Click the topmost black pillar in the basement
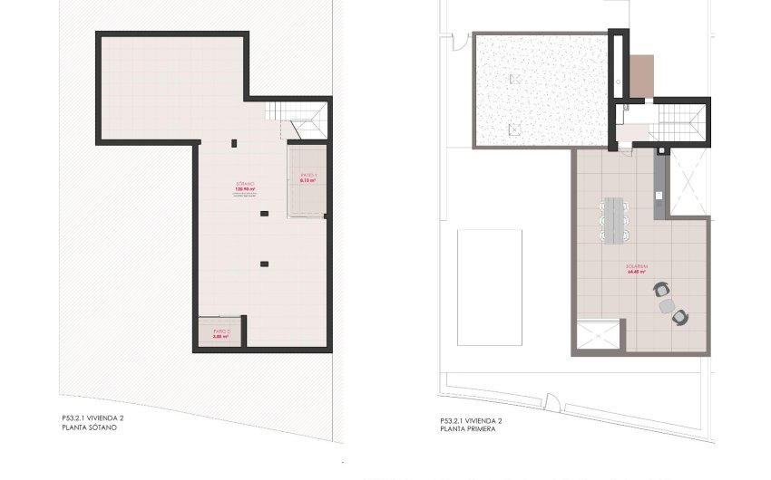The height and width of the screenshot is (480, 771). tap(235, 143)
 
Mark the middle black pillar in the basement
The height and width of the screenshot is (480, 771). tap(264, 214)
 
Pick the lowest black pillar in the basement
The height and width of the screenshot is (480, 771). tap(264, 264)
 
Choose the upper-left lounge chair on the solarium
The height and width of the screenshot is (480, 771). tap(659, 290)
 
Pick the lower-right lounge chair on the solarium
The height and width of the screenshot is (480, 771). tap(679, 316)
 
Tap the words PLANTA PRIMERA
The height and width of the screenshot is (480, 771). tap(466, 427)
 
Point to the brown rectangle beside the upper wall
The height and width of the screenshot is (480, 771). tap(641, 76)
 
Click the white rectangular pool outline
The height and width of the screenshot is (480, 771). tap(490, 286)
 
